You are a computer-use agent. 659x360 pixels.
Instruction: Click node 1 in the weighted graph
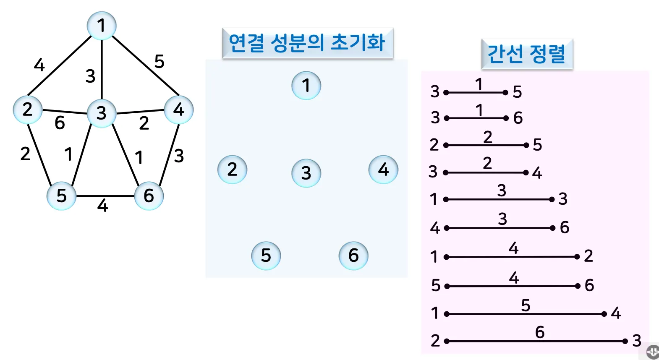pyautogui.click(x=102, y=26)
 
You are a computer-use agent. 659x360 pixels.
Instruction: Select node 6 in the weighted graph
pyautogui.click(x=149, y=196)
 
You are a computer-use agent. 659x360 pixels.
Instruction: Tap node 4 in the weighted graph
pyautogui.click(x=179, y=110)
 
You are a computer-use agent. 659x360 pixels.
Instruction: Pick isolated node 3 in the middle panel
pyautogui.click(x=306, y=173)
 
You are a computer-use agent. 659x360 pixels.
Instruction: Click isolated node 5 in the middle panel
pyautogui.click(x=266, y=255)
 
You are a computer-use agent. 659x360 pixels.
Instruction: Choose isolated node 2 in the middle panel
pyautogui.click(x=232, y=170)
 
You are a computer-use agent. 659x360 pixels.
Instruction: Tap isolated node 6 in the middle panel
pyautogui.click(x=353, y=255)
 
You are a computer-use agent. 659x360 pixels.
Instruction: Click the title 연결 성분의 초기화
pyautogui.click(x=307, y=43)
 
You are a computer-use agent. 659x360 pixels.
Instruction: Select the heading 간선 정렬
pyautogui.click(x=526, y=54)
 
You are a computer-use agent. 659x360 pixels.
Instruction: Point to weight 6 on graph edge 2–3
pyautogui.click(x=60, y=123)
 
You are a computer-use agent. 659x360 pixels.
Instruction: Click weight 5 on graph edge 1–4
pyautogui.click(x=159, y=62)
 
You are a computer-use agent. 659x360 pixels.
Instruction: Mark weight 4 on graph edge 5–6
pyautogui.click(x=103, y=206)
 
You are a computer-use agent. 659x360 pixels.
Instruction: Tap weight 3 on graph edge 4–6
pyautogui.click(x=179, y=156)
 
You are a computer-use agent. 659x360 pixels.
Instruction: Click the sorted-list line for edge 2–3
pyautogui.click(x=536, y=341)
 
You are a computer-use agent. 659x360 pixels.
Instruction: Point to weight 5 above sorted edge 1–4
pyautogui.click(x=526, y=305)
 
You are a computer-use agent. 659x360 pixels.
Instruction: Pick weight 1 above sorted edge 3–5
pyautogui.click(x=479, y=84)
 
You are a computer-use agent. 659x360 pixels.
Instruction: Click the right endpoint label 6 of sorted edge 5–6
pyautogui.click(x=589, y=285)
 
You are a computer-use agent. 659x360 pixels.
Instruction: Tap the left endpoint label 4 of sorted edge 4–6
pyautogui.click(x=434, y=228)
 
